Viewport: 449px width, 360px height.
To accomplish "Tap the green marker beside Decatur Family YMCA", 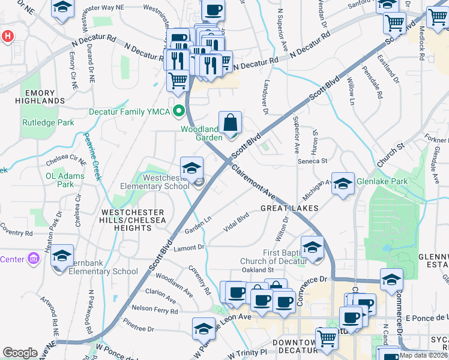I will click(x=178, y=111).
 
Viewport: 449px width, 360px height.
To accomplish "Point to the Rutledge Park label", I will click(x=48, y=122).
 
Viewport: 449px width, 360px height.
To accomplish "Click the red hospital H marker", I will click(x=7, y=36).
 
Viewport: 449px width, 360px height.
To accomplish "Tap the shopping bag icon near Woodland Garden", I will click(x=230, y=123).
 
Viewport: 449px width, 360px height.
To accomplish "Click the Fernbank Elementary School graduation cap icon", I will click(x=62, y=256).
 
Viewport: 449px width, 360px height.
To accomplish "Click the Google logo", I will click(x=20, y=353).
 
